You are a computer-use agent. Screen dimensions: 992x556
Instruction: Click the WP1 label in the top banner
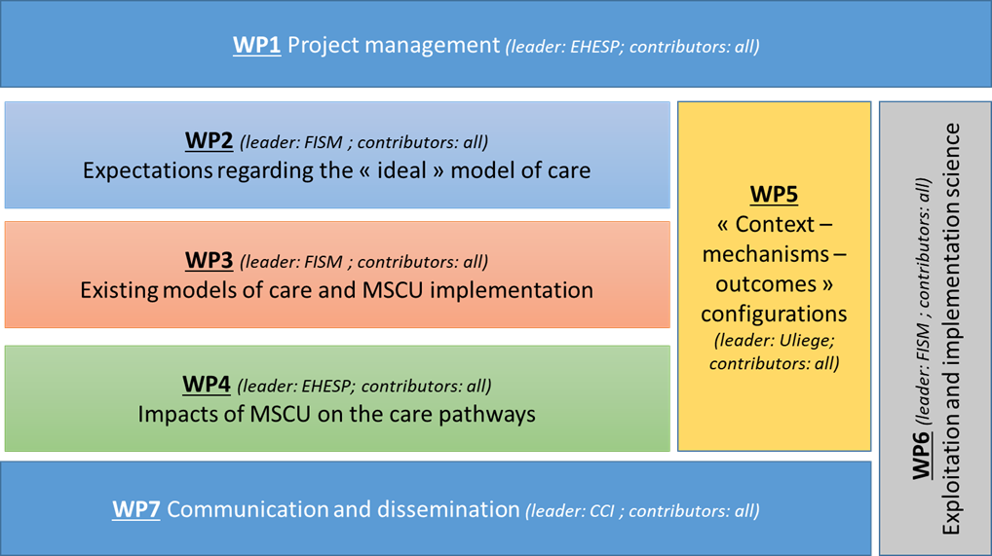point(257,46)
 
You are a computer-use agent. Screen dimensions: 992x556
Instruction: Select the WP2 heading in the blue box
point(209,140)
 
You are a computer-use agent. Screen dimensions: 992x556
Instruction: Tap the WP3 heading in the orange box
point(209,260)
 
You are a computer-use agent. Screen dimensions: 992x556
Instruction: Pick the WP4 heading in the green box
point(207,384)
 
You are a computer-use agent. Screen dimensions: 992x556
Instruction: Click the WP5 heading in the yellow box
point(774,194)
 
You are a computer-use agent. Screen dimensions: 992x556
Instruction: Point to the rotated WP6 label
point(922,455)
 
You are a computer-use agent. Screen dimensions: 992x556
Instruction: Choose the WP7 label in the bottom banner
point(136,509)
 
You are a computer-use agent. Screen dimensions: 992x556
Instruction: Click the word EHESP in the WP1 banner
point(595,47)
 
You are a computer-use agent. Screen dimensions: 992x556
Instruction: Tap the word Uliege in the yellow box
point(804,340)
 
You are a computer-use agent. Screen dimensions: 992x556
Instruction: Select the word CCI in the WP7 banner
point(601,511)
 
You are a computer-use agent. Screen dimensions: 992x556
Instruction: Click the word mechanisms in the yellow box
point(766,254)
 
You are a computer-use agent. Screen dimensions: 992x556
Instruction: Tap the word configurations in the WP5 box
point(774,315)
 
